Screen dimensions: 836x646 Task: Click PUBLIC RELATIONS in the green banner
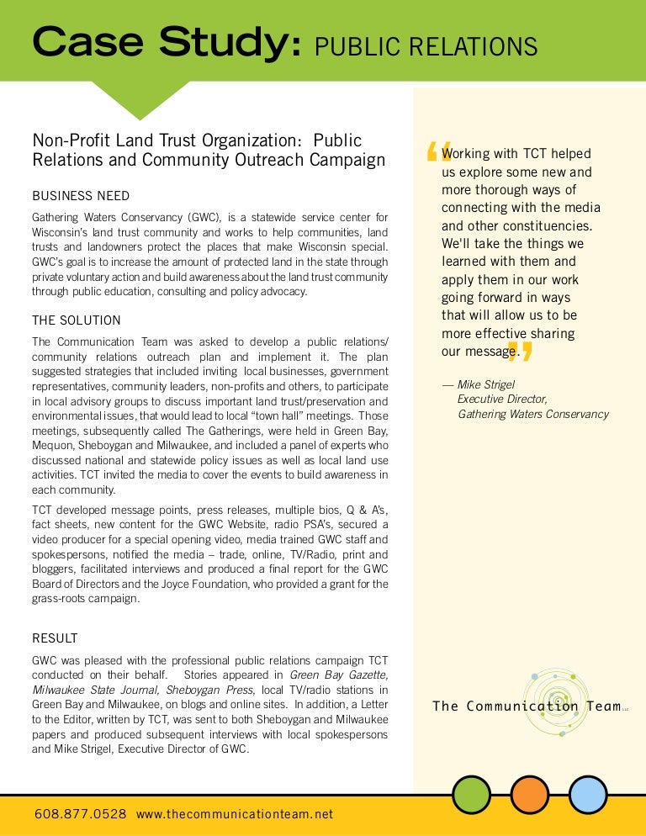coord(426,46)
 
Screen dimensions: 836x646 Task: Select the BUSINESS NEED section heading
coord(81,196)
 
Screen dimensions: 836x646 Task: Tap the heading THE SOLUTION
coord(77,320)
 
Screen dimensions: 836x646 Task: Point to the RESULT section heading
coord(55,637)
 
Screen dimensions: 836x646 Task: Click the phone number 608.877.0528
coord(81,813)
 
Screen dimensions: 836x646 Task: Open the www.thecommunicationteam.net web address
coord(235,813)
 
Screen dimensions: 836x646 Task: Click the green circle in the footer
coord(471,794)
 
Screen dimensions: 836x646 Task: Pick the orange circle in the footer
coord(530,794)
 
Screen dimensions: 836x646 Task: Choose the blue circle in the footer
coord(588,794)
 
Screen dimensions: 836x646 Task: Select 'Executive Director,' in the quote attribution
coord(502,399)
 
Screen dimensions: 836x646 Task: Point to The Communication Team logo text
coord(527,706)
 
